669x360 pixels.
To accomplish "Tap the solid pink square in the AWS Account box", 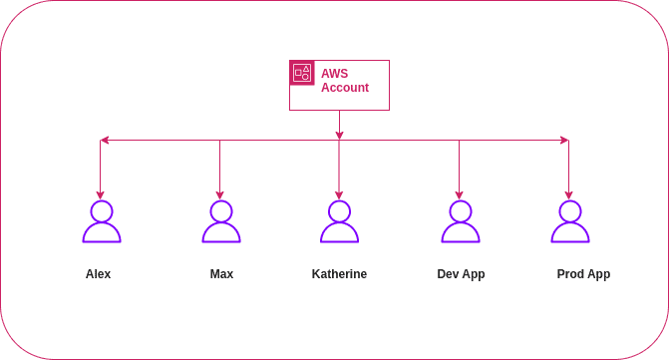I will (x=302, y=73).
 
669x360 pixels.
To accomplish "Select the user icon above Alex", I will (x=101, y=222).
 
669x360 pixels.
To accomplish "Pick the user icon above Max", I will (x=220, y=222).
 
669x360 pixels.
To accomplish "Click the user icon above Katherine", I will (x=339, y=222).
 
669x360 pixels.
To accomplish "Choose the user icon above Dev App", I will (x=460, y=222).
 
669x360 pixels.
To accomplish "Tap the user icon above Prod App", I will (x=569, y=222).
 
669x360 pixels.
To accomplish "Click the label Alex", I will (x=98, y=273).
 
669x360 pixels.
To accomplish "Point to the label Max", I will (x=221, y=273).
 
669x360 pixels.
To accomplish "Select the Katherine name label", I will (x=339, y=273).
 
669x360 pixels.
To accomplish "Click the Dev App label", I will (x=461, y=273).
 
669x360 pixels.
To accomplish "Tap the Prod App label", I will (x=583, y=273).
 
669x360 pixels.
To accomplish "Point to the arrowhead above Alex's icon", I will (x=100, y=192).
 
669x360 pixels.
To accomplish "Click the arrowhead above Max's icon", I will (x=220, y=192).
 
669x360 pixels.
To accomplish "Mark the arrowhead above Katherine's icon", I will (x=339, y=192).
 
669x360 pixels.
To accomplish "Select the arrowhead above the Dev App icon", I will (x=460, y=192).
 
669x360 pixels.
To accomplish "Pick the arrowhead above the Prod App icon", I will (x=569, y=192).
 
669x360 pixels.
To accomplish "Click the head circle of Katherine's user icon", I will (x=339, y=210).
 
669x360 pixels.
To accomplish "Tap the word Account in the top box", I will (x=345, y=88).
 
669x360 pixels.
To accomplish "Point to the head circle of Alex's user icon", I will (x=101, y=210).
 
